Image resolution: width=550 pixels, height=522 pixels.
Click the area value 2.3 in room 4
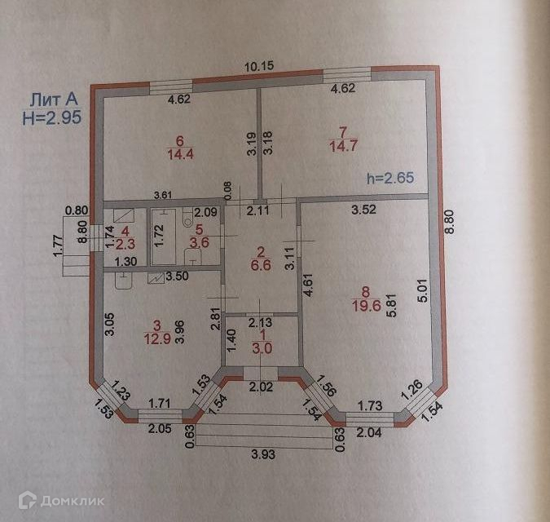[x=125, y=242]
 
